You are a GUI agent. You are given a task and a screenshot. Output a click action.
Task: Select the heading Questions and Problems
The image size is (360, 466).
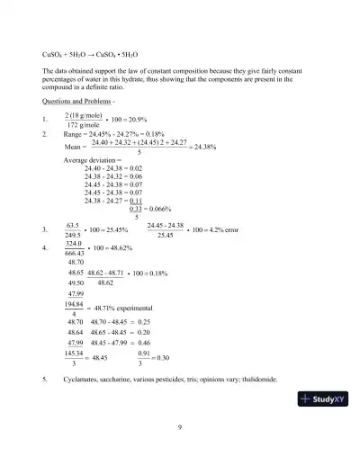[x=76, y=103]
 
